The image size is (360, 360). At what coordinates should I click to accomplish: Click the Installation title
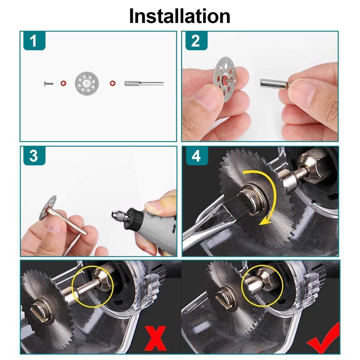pos(180,16)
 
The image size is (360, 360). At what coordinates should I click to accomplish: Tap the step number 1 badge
pos(34,41)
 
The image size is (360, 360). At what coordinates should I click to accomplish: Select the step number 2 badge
pos(196,41)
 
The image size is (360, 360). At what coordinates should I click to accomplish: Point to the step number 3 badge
pos(34,156)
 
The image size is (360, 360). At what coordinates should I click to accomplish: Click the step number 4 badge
pos(197,156)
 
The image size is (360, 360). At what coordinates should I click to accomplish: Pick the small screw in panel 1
pos(49,84)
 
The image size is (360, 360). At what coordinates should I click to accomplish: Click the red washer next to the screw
pos(63,83)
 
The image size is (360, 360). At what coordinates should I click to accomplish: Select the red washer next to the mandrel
pos(112,83)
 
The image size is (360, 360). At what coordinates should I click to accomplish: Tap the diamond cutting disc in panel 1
pos(87,83)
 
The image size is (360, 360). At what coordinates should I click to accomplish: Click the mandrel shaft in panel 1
pos(144,84)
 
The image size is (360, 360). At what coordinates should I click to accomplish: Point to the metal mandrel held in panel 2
pos(274,84)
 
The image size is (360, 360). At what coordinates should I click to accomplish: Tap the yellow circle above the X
pos(92,286)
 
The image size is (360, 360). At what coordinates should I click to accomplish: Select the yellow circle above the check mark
pos(262,285)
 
